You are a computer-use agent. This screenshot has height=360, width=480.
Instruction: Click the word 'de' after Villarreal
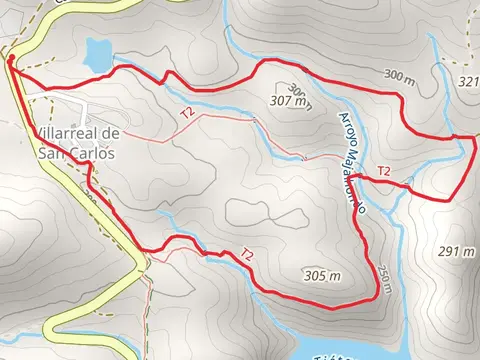click(111, 133)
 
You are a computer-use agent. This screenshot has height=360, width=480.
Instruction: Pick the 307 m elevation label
click(291, 101)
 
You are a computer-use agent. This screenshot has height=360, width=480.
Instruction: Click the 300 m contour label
click(398, 76)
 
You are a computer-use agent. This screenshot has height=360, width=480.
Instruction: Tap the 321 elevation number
click(468, 82)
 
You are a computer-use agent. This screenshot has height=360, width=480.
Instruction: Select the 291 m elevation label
click(456, 251)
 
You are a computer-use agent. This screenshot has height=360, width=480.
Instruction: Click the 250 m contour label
click(385, 272)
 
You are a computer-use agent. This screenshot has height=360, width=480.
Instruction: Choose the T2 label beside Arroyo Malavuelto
click(384, 170)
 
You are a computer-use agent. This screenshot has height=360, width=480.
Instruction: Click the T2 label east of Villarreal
click(187, 114)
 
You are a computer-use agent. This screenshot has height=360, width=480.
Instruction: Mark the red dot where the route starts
click(10, 60)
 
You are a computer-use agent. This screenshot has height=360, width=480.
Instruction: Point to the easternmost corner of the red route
click(474, 142)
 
